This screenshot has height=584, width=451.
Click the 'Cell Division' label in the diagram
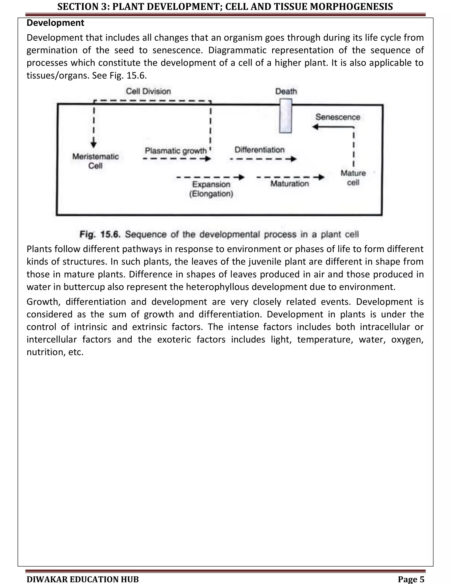[148, 91]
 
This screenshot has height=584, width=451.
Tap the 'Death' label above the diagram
[286, 91]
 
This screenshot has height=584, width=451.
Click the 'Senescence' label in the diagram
[338, 117]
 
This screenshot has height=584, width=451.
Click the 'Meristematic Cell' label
[95, 161]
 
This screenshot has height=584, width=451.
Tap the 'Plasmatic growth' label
[176, 151]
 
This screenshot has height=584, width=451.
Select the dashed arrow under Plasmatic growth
[177, 159]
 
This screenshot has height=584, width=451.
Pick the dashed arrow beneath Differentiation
[263, 159]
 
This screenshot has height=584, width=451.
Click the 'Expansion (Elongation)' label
[211, 189]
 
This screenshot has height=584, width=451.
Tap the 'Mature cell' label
[353, 178]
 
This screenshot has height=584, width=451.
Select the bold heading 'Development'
[55, 23]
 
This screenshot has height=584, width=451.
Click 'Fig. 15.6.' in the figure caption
[100, 234]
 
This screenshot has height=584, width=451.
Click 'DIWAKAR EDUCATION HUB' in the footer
[83, 579]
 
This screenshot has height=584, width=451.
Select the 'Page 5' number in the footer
[411, 579]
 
